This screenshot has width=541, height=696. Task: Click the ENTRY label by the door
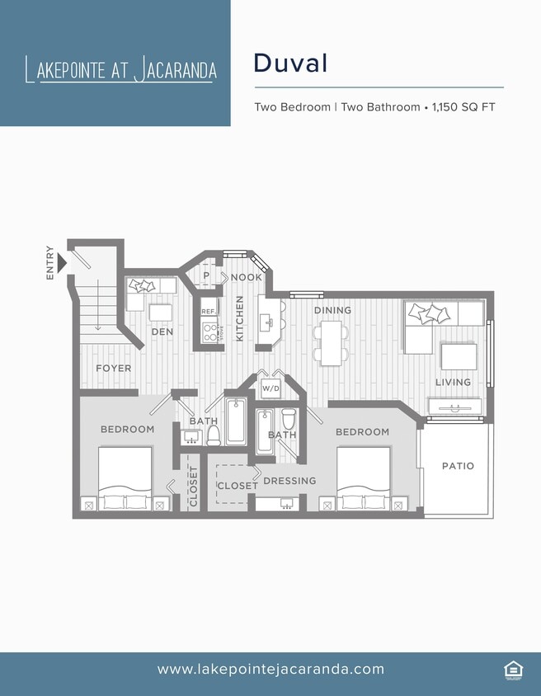click(x=51, y=263)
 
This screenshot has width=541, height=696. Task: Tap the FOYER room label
click(x=113, y=368)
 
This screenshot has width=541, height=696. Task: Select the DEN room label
click(x=161, y=332)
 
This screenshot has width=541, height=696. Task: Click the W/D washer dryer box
click(x=270, y=388)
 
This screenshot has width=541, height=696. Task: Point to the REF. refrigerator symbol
click(x=209, y=312)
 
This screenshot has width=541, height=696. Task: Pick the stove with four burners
click(x=211, y=332)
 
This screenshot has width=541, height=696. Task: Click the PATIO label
click(x=458, y=466)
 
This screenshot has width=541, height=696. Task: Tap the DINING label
click(x=332, y=310)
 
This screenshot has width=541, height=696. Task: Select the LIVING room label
click(x=453, y=382)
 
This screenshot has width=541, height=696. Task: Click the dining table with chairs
click(x=331, y=342)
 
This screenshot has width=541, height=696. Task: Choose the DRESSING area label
click(x=289, y=481)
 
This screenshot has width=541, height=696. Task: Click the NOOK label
click(x=246, y=277)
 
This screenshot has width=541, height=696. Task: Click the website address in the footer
click(x=270, y=670)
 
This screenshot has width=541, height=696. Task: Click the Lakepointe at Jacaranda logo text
click(x=121, y=69)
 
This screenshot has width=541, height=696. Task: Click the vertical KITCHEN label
click(x=240, y=319)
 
